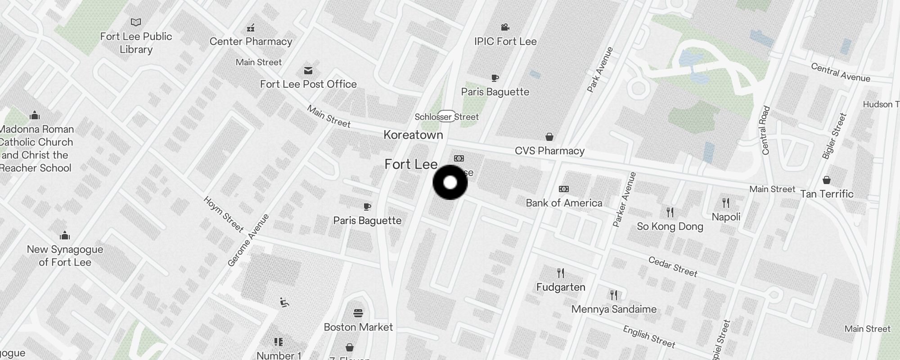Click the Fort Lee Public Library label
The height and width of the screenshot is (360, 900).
pos(136,43)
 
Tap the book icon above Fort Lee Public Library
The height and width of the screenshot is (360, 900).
pos(136,22)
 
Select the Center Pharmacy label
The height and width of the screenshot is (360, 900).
pos(251,41)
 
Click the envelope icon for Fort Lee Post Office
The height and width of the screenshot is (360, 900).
pos(308,71)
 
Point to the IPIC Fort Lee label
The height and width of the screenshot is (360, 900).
pos(505,41)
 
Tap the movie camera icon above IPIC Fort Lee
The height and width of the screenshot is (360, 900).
pos(505,27)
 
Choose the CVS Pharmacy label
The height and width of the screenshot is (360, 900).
pos(549,151)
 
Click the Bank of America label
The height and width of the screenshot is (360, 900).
pos(564,203)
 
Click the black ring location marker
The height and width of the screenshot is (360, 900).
pos(450,182)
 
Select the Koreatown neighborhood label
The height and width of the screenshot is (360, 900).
pos(413,135)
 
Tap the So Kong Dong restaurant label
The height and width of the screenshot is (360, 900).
pos(670,226)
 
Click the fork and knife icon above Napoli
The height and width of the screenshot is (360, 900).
pos(726,203)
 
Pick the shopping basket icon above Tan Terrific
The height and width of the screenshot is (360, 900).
pos(826,180)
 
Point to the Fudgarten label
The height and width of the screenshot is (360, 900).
pos(561,287)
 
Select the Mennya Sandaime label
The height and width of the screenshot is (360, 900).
pos(614,309)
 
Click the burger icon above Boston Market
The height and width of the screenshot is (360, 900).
pos(358,313)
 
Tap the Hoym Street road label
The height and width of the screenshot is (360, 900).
pos(223,214)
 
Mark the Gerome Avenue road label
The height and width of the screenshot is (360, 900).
pos(248,240)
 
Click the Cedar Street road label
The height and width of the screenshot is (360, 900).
pos(673,266)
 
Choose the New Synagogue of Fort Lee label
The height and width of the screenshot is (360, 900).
pos(65,256)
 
